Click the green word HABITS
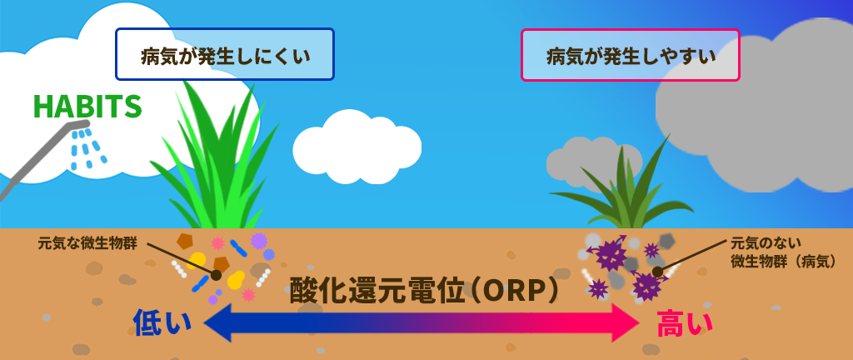(x=87, y=107)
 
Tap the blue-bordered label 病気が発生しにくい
(x=225, y=54)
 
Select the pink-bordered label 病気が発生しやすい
(x=631, y=55)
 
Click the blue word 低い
(x=162, y=323)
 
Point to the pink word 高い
(x=685, y=323)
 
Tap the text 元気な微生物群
(x=87, y=243)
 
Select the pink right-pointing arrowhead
(x=626, y=323)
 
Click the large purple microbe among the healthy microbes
(x=258, y=240)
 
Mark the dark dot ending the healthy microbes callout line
(x=217, y=275)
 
